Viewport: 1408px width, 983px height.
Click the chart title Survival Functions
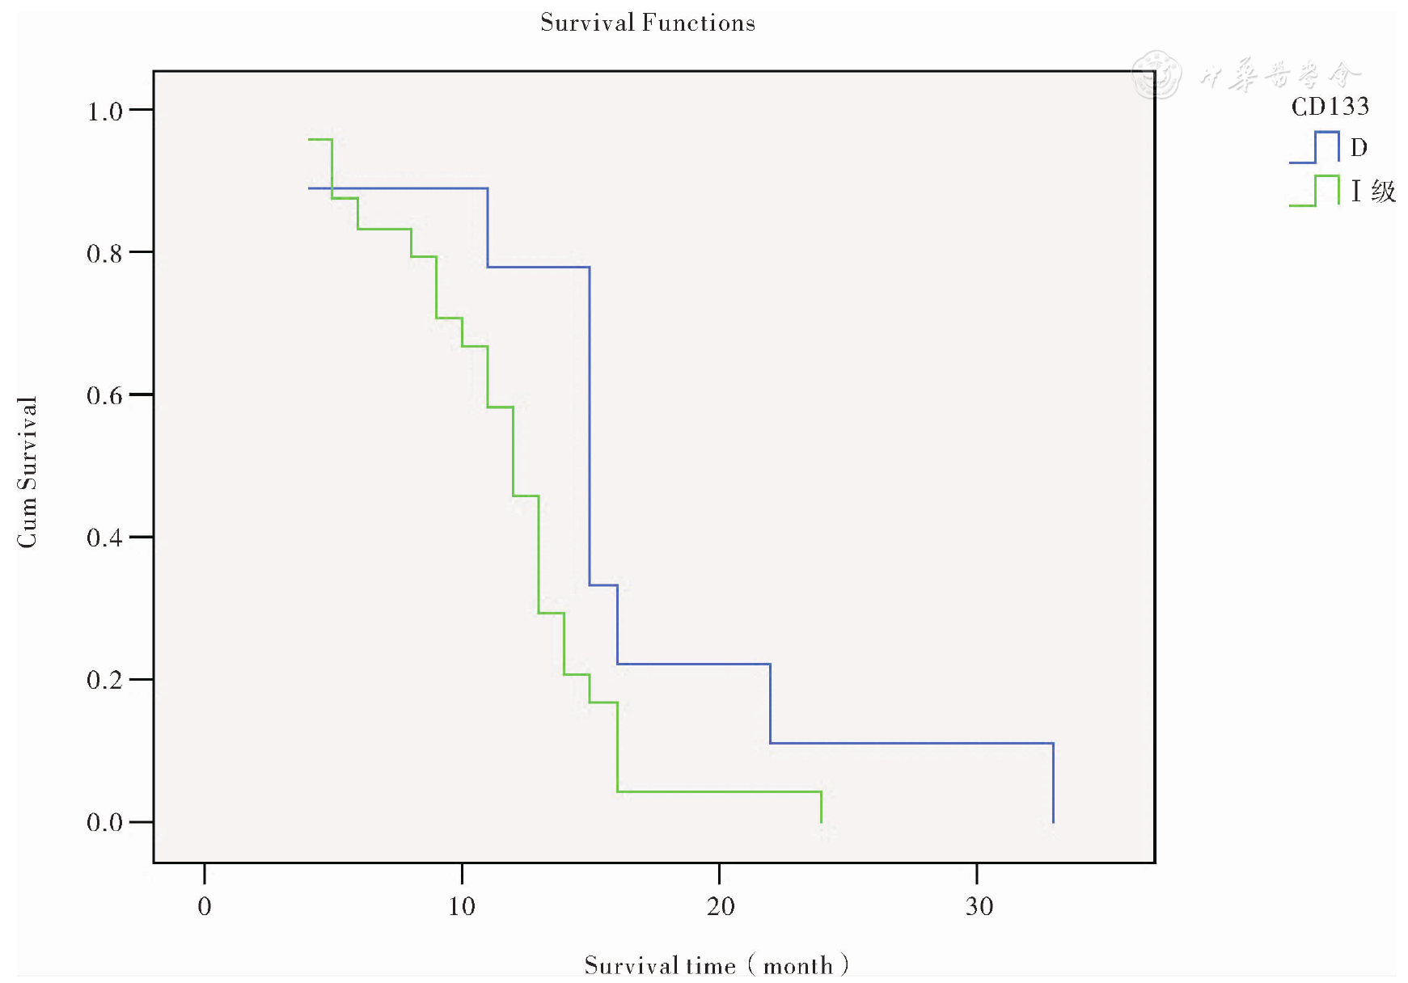(x=647, y=23)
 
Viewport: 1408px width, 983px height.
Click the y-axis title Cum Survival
(x=27, y=472)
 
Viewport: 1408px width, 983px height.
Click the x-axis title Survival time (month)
(x=716, y=964)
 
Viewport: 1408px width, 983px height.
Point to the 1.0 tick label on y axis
(x=104, y=112)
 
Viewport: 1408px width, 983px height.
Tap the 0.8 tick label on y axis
(x=104, y=254)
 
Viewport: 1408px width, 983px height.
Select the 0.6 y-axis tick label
(x=104, y=396)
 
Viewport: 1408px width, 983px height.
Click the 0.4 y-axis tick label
(x=104, y=538)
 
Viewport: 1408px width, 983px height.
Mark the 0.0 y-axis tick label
(x=104, y=823)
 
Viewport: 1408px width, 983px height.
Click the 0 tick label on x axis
(x=205, y=906)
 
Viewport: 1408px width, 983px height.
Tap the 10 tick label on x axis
(x=462, y=906)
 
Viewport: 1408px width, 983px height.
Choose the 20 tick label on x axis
(x=720, y=906)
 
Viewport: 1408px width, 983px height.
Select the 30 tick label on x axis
(x=979, y=906)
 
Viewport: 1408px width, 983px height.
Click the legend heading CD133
(x=1330, y=107)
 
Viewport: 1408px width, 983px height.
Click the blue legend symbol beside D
(x=1314, y=147)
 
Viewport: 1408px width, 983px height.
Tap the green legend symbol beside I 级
(x=1314, y=191)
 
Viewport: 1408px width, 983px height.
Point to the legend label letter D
(x=1359, y=147)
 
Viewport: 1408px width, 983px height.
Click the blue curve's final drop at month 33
(x=1053, y=783)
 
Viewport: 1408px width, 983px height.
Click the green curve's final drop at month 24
(x=821, y=807)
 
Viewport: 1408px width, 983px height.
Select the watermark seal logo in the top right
(x=1156, y=74)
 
